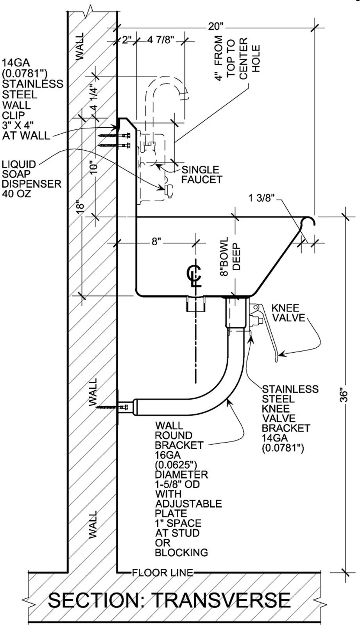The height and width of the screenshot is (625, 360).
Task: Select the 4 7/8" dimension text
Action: [x=160, y=40]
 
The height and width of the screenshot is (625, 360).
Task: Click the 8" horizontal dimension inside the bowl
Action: [x=156, y=242]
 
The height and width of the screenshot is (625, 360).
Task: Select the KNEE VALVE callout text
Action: [x=288, y=313]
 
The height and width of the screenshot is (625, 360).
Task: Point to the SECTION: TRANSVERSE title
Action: [x=169, y=600]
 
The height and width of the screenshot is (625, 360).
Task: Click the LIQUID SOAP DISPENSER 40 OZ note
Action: [x=31, y=179]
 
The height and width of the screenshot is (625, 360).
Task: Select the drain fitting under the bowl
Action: [x=195, y=304]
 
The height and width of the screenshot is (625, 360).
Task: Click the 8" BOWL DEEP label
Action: [x=230, y=257]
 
